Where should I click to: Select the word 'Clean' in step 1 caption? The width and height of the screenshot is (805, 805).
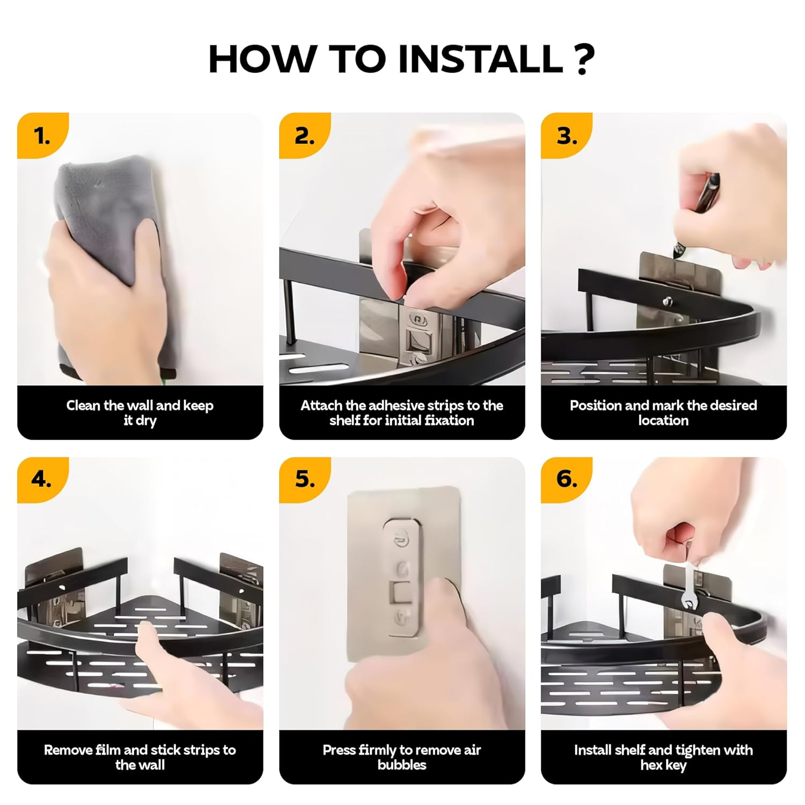click(83, 405)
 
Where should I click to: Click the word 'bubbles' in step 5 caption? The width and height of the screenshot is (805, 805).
click(402, 765)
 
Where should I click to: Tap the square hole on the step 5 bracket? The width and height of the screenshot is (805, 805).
click(401, 592)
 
